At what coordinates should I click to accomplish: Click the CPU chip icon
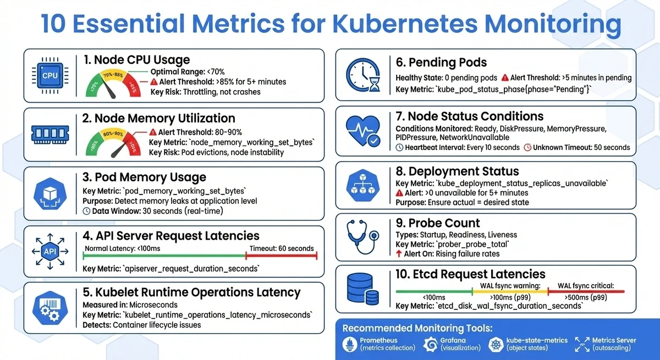coord(50,75)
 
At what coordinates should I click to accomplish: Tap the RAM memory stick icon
coord(50,134)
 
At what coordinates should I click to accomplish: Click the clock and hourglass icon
coord(363,75)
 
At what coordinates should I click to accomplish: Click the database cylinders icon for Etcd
coord(363,289)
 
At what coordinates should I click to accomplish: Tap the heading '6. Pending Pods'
coord(441,62)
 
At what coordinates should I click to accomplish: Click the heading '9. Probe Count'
coord(438,223)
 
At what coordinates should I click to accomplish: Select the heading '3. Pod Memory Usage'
coord(144,177)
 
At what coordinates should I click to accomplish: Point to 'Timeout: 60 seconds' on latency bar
coord(282,248)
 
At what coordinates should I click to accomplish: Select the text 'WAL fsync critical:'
coord(586,286)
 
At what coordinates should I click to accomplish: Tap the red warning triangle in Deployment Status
coord(400,193)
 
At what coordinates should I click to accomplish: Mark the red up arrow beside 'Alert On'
coord(399,254)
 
